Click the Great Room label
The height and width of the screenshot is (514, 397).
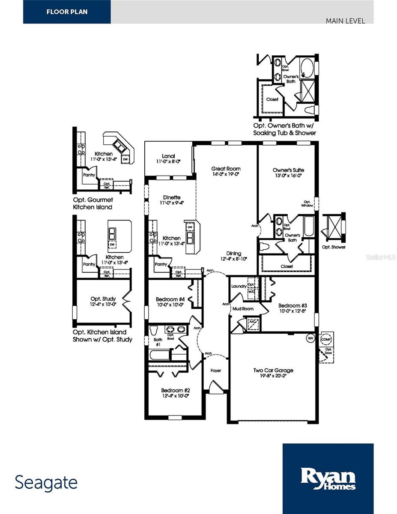226,169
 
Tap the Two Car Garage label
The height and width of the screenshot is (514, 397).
273,371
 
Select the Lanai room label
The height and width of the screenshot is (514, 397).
168,156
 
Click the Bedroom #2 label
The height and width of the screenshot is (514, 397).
175,390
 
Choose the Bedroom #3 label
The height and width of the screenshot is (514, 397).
293,305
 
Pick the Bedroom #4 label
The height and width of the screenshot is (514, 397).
170,299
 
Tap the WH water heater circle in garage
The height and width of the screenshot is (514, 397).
310,338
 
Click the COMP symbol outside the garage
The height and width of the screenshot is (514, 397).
326,338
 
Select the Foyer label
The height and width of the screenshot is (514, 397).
216,371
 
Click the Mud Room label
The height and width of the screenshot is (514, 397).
243,308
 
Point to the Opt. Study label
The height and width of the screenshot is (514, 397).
101,299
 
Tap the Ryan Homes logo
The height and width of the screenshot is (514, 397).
328,478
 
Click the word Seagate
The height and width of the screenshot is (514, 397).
46,483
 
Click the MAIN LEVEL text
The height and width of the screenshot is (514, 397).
345,21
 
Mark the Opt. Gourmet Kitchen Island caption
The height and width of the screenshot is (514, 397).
93,203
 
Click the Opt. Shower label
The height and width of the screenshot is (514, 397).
334,247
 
